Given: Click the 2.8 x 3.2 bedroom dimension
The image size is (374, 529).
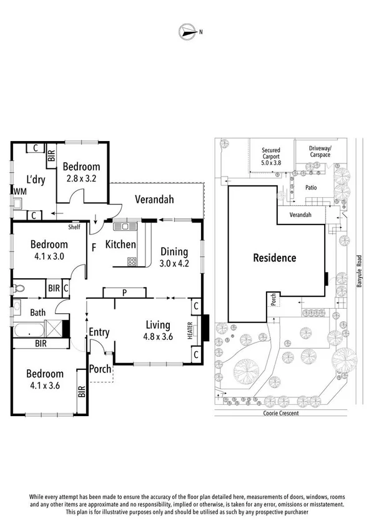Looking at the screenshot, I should (x=83, y=178).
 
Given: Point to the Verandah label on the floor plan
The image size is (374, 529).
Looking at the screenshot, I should (x=154, y=200).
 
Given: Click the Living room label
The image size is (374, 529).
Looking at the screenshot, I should (x=158, y=324).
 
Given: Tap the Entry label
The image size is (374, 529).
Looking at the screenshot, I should (x=99, y=332).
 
